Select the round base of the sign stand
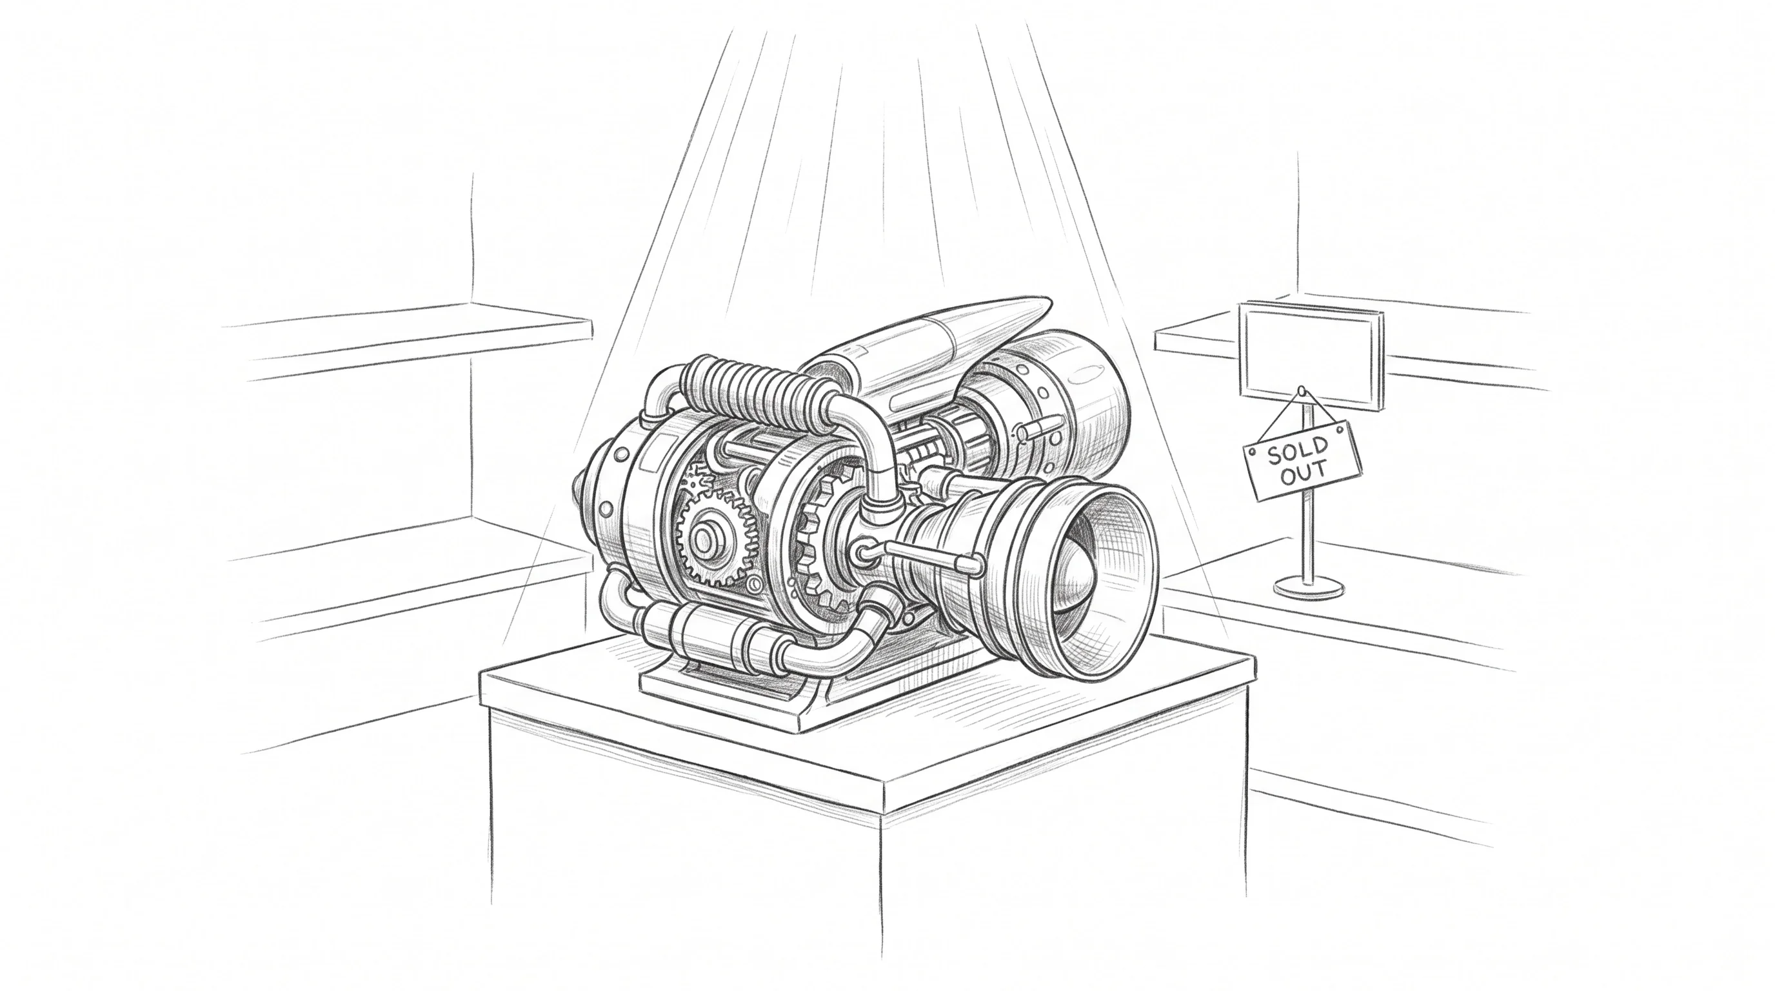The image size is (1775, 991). point(1309,587)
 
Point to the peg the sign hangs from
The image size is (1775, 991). point(1301,392)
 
